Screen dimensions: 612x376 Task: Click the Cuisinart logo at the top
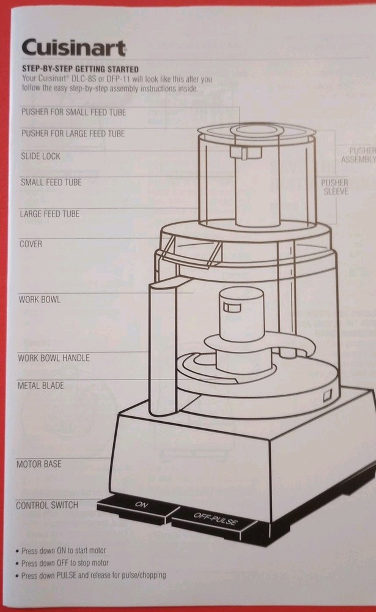coord(74,48)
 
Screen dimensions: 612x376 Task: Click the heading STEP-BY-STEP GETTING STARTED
coord(79,69)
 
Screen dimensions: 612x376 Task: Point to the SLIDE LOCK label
coord(41,156)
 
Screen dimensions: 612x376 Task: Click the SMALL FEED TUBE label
coord(51,182)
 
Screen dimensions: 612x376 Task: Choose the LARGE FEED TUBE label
coord(50,214)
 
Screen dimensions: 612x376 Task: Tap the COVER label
coord(31,244)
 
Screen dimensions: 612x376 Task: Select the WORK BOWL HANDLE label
coord(54,357)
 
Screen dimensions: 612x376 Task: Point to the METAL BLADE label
coord(41,386)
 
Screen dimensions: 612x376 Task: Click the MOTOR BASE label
coord(39,465)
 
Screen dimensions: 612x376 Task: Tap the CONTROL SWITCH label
coord(47,506)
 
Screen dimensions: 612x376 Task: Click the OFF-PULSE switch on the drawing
coord(215,521)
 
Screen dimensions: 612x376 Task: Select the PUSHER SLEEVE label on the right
coord(334,187)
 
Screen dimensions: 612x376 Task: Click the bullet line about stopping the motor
coord(65,563)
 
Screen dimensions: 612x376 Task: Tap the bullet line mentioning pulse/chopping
coord(93,575)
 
